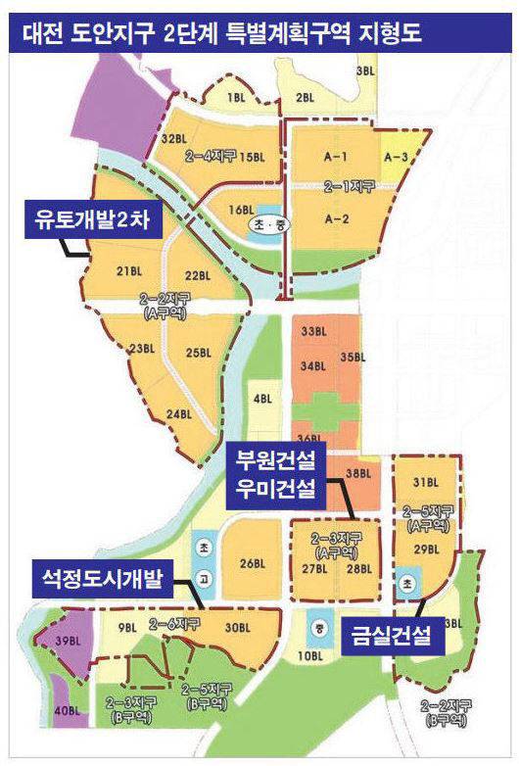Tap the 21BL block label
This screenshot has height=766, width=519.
click(x=129, y=271)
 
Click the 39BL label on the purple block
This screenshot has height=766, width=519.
click(x=67, y=640)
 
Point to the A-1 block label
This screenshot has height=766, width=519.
click(x=337, y=157)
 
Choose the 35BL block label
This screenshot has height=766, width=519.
click(x=351, y=359)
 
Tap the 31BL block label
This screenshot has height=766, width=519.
click(x=424, y=482)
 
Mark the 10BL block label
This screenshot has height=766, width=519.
click(x=310, y=654)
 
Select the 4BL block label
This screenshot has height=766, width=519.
click(x=261, y=399)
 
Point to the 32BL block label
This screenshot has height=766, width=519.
click(x=173, y=139)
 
